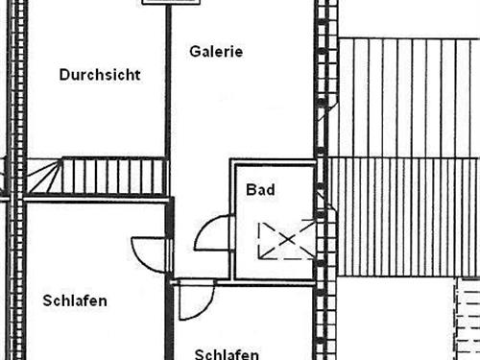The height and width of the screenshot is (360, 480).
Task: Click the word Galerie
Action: point(216,51)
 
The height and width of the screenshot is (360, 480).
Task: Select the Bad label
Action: point(260,189)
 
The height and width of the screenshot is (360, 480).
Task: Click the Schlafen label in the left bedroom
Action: point(75,300)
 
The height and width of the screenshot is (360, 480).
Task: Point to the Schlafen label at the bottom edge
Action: point(227,353)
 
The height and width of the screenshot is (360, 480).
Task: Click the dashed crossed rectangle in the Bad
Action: point(284,240)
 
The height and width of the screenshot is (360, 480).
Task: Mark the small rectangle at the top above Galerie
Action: point(169,3)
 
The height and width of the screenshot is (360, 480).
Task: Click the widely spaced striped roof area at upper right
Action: point(408,96)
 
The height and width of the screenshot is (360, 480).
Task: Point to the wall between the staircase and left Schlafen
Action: point(96,198)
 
